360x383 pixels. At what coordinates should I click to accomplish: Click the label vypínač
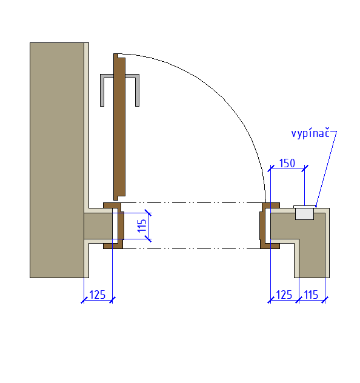click(x=310, y=133)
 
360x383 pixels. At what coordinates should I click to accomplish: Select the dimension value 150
click(x=287, y=163)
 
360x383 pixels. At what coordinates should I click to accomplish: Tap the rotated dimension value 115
click(x=142, y=225)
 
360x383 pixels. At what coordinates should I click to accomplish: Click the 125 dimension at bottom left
click(x=98, y=295)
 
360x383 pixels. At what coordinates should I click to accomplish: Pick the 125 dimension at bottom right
click(x=284, y=295)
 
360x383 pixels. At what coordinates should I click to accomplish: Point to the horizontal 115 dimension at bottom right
click(x=311, y=295)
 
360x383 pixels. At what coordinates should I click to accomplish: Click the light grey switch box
click(x=304, y=213)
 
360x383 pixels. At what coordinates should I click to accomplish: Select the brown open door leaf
click(x=119, y=127)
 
